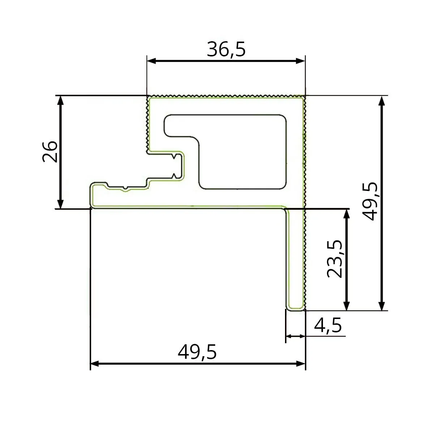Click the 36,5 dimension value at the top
(226, 50)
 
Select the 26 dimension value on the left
(50, 152)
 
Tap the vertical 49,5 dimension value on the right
(371, 201)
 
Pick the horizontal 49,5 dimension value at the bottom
(197, 352)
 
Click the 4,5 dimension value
(328, 325)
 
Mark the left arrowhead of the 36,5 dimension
(151, 61)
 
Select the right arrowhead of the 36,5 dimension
(301, 61)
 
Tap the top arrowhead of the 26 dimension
(61, 100)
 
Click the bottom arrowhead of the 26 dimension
(61, 204)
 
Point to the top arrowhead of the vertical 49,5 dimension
(382, 101)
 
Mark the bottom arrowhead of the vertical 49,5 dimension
(382, 306)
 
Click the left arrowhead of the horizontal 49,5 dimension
(94, 363)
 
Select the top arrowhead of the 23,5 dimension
(346, 213)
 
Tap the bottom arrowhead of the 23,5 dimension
(346, 306)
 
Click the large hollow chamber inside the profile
(242, 152)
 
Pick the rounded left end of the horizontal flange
(92, 195)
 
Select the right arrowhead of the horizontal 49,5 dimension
(301, 363)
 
